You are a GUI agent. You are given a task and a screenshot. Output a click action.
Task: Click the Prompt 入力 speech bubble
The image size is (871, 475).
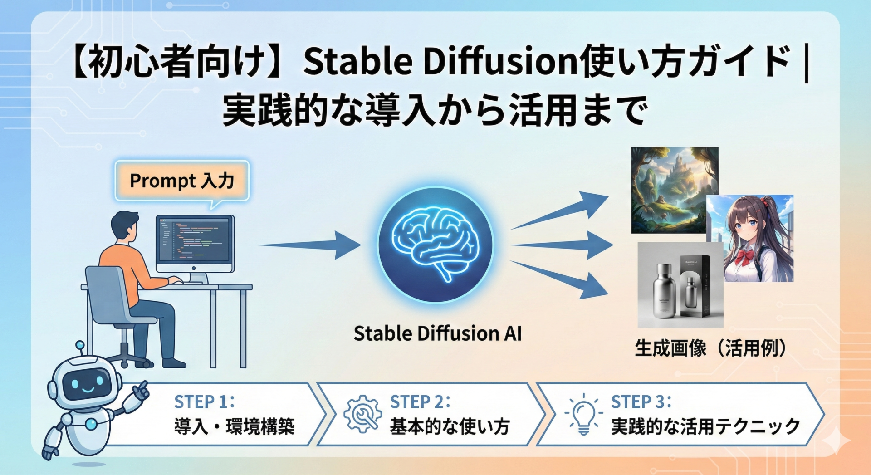click(x=181, y=181)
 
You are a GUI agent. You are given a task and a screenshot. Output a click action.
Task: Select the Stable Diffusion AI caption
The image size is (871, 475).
click(x=437, y=333)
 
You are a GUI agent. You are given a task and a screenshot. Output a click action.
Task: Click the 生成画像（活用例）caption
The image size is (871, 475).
click(x=710, y=348)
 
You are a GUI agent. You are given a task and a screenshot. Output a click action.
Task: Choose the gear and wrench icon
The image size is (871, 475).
click(x=362, y=414)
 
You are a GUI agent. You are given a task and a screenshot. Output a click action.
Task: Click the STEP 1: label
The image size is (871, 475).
click(x=205, y=402)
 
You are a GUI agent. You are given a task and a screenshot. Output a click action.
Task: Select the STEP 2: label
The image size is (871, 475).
click(x=420, y=402)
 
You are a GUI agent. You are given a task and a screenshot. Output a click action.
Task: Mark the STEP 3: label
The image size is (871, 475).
click(x=641, y=402)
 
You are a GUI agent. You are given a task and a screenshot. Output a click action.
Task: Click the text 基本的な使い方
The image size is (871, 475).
click(x=450, y=427)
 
